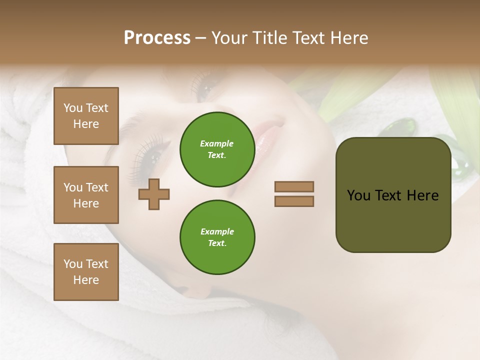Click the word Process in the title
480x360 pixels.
[x=157, y=38]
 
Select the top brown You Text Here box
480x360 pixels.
[x=86, y=116]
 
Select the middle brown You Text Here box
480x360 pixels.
[x=86, y=195]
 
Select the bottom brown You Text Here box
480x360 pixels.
[x=86, y=272]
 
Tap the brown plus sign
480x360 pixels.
[x=154, y=194]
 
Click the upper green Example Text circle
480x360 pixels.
[x=217, y=149]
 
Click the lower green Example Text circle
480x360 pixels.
[x=217, y=237]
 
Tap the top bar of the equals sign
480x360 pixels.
[x=294, y=186]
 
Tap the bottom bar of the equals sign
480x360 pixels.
[x=294, y=201]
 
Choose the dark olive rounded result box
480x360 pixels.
[x=393, y=195]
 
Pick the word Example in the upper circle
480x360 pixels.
[x=217, y=143]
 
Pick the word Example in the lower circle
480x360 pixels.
[x=217, y=231]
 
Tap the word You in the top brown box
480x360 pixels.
[x=73, y=108]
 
